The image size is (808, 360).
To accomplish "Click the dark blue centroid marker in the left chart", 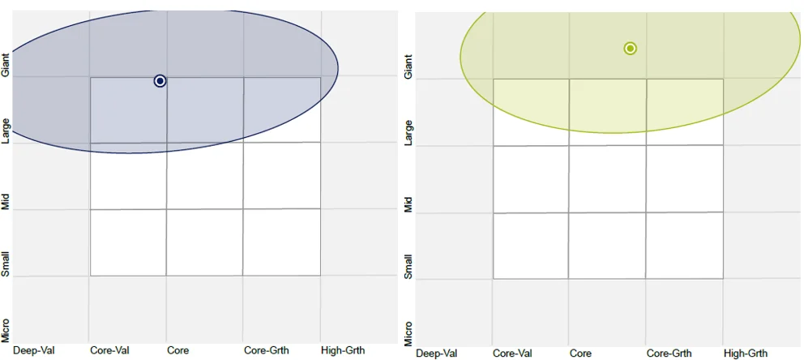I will point(160,80).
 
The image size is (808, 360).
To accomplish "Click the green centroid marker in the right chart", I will point(630,49).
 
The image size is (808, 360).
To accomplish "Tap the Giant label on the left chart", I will point(6,65).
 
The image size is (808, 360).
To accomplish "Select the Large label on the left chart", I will point(6,131).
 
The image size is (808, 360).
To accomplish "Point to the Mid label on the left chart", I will point(6,202).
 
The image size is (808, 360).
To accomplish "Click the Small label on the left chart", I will point(6,264).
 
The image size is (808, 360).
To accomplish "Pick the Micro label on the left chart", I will point(6,329).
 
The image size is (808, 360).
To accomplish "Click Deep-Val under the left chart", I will point(33,350).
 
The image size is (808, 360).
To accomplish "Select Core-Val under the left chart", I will point(109,350).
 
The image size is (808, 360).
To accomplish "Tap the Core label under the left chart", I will point(178,350).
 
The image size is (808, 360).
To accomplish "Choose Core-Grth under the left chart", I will point(267,350).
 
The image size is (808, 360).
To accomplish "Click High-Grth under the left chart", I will point(343,350).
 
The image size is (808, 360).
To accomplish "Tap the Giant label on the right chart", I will point(408,66).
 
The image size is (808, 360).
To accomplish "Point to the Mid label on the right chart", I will point(408,204).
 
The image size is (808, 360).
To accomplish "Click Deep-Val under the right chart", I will point(436,354).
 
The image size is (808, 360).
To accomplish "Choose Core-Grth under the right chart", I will point(669,354).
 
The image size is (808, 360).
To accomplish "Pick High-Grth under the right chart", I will point(746,354).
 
